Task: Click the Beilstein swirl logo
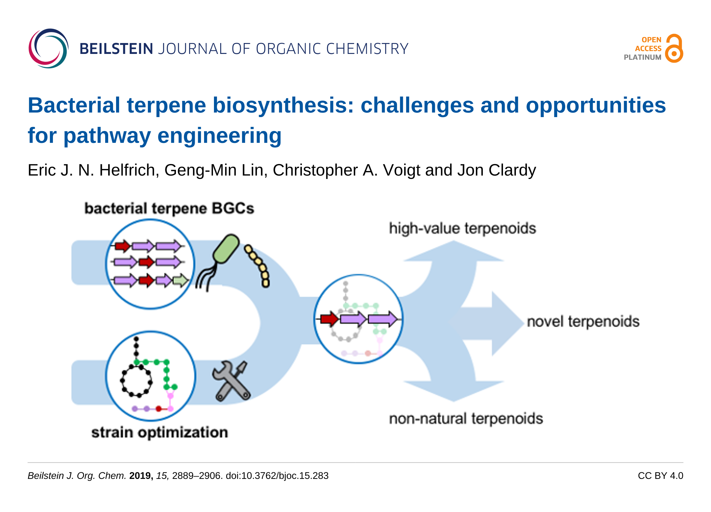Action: (48, 48)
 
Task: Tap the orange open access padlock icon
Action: (674, 48)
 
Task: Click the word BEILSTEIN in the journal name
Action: (116, 49)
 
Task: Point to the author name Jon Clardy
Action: (496, 170)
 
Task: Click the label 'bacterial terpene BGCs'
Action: (169, 209)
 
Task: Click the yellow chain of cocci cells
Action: (257, 265)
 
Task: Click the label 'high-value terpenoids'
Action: (462, 229)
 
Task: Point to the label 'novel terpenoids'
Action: (583, 321)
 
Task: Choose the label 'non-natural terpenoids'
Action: (466, 419)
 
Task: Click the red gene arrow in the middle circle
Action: (330, 319)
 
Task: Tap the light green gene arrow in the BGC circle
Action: (181, 281)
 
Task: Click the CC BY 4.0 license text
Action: (660, 476)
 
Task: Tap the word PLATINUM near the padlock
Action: (643, 57)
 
